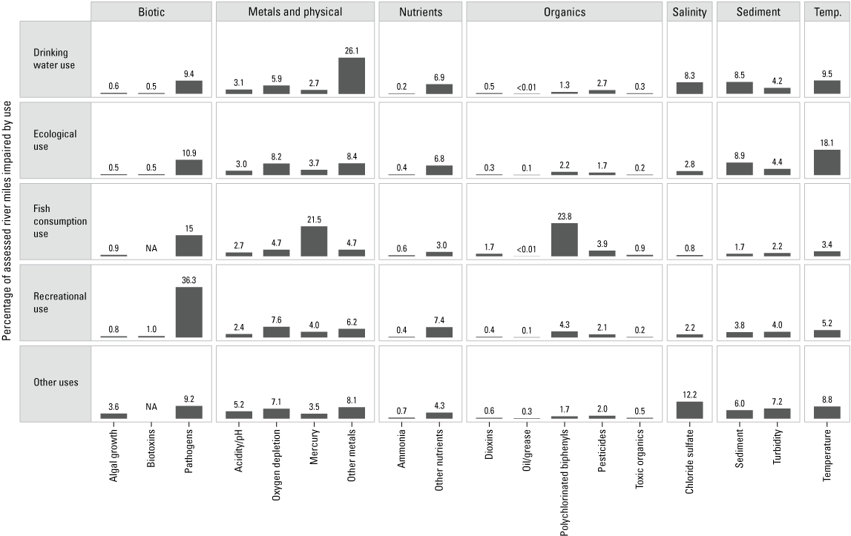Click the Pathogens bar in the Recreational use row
188,312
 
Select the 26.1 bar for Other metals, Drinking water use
352,76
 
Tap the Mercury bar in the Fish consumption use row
314,242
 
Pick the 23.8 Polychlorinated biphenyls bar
564,239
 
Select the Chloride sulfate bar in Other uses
690,410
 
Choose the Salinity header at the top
690,12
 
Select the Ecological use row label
55,140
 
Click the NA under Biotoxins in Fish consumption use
151,248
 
